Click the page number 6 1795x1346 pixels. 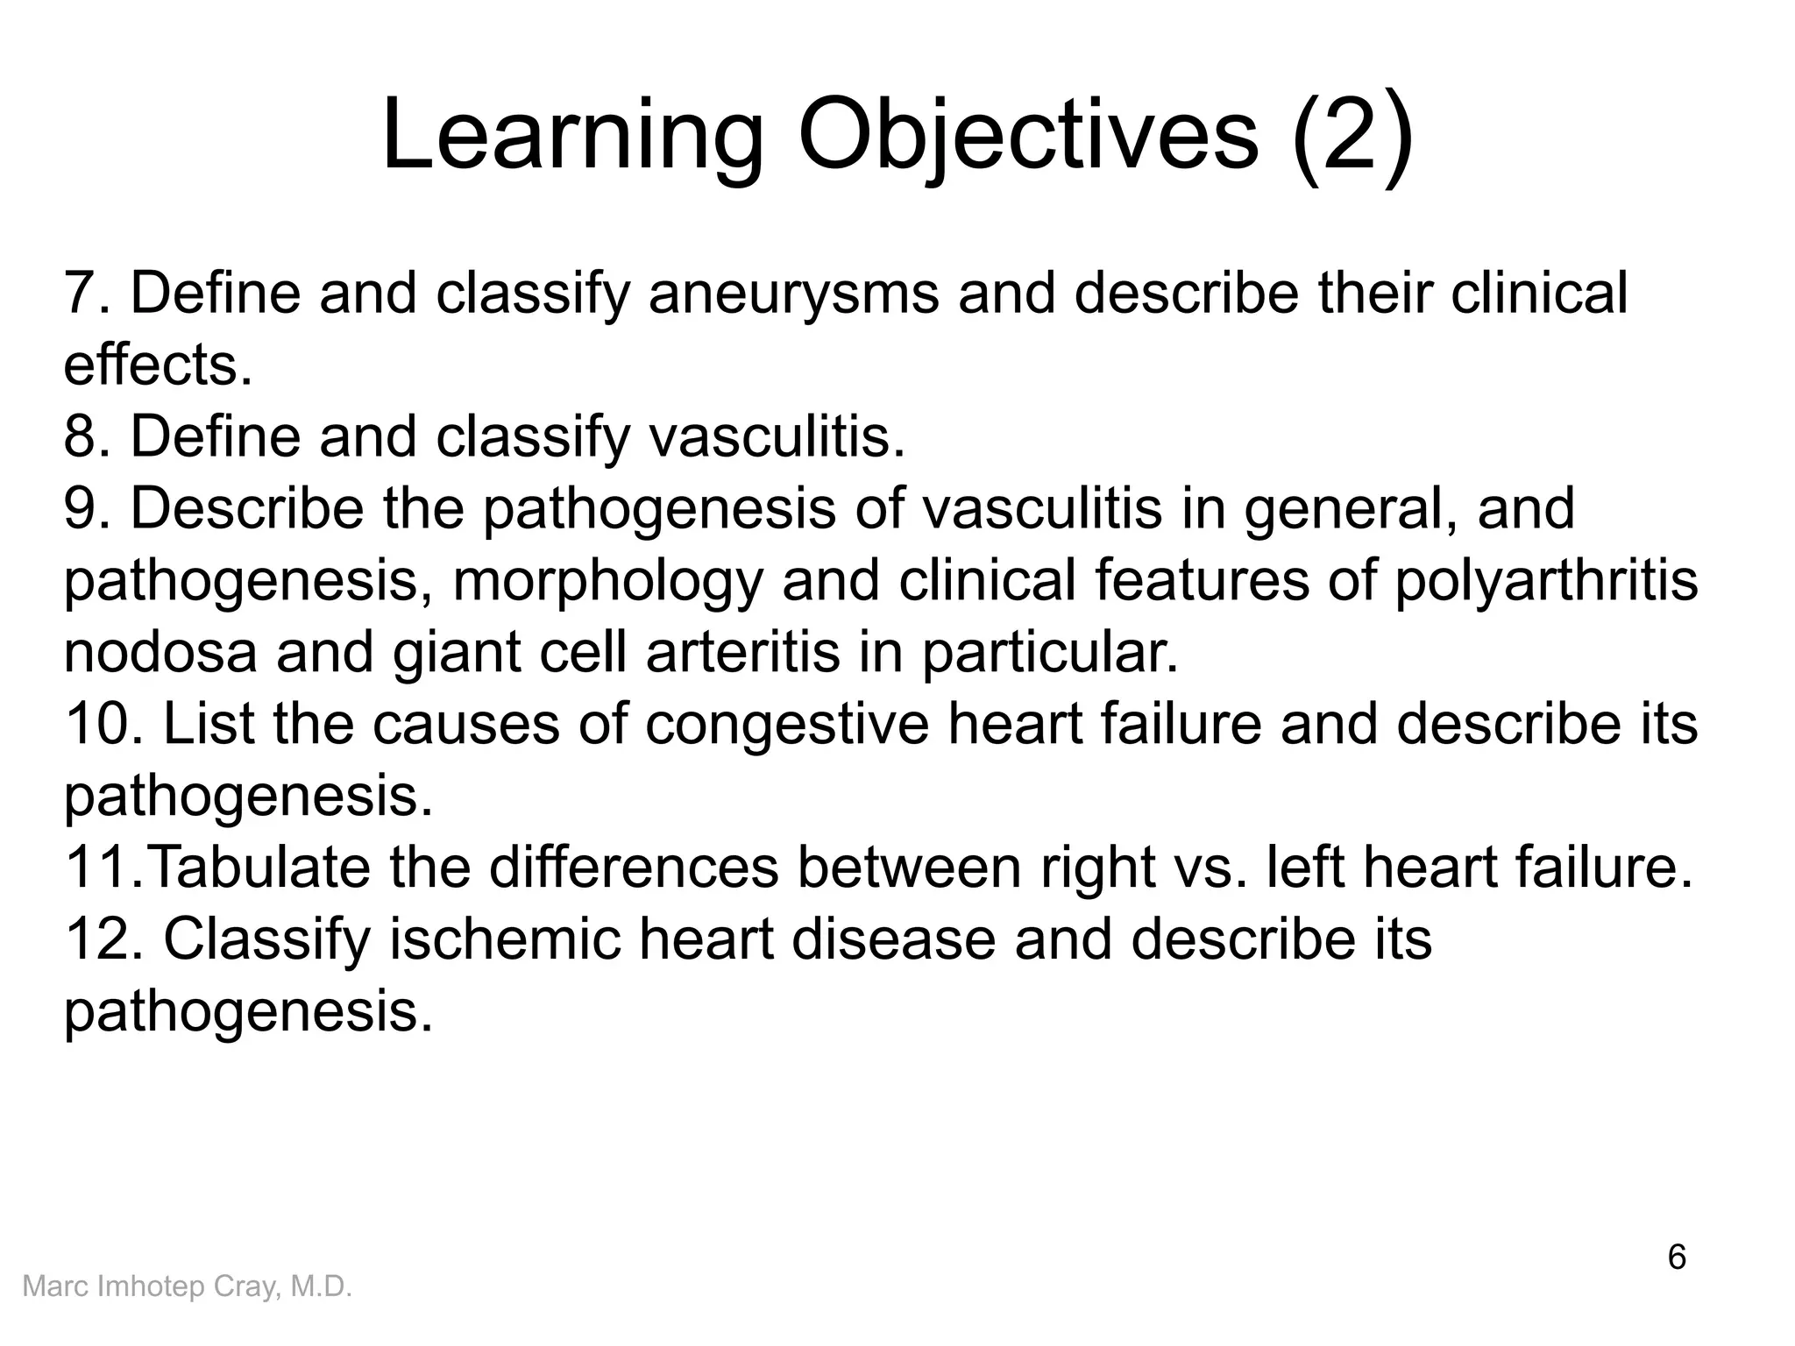[x=1676, y=1257]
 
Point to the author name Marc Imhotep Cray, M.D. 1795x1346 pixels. [x=187, y=1286]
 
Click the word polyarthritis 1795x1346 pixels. [x=1545, y=580]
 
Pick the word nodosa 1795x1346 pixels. [x=160, y=652]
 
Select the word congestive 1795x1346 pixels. [x=786, y=724]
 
